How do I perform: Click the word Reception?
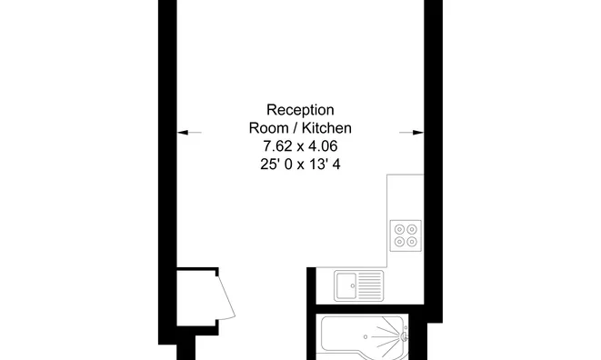click(x=300, y=109)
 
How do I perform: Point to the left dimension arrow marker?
click(x=188, y=133)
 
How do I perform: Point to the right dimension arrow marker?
click(x=412, y=133)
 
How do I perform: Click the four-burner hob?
click(x=406, y=235)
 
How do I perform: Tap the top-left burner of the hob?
click(x=399, y=229)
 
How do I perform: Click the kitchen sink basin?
click(x=346, y=286)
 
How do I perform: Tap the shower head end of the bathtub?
click(x=396, y=337)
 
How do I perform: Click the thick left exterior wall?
click(x=166, y=182)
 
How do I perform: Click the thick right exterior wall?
click(x=434, y=182)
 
